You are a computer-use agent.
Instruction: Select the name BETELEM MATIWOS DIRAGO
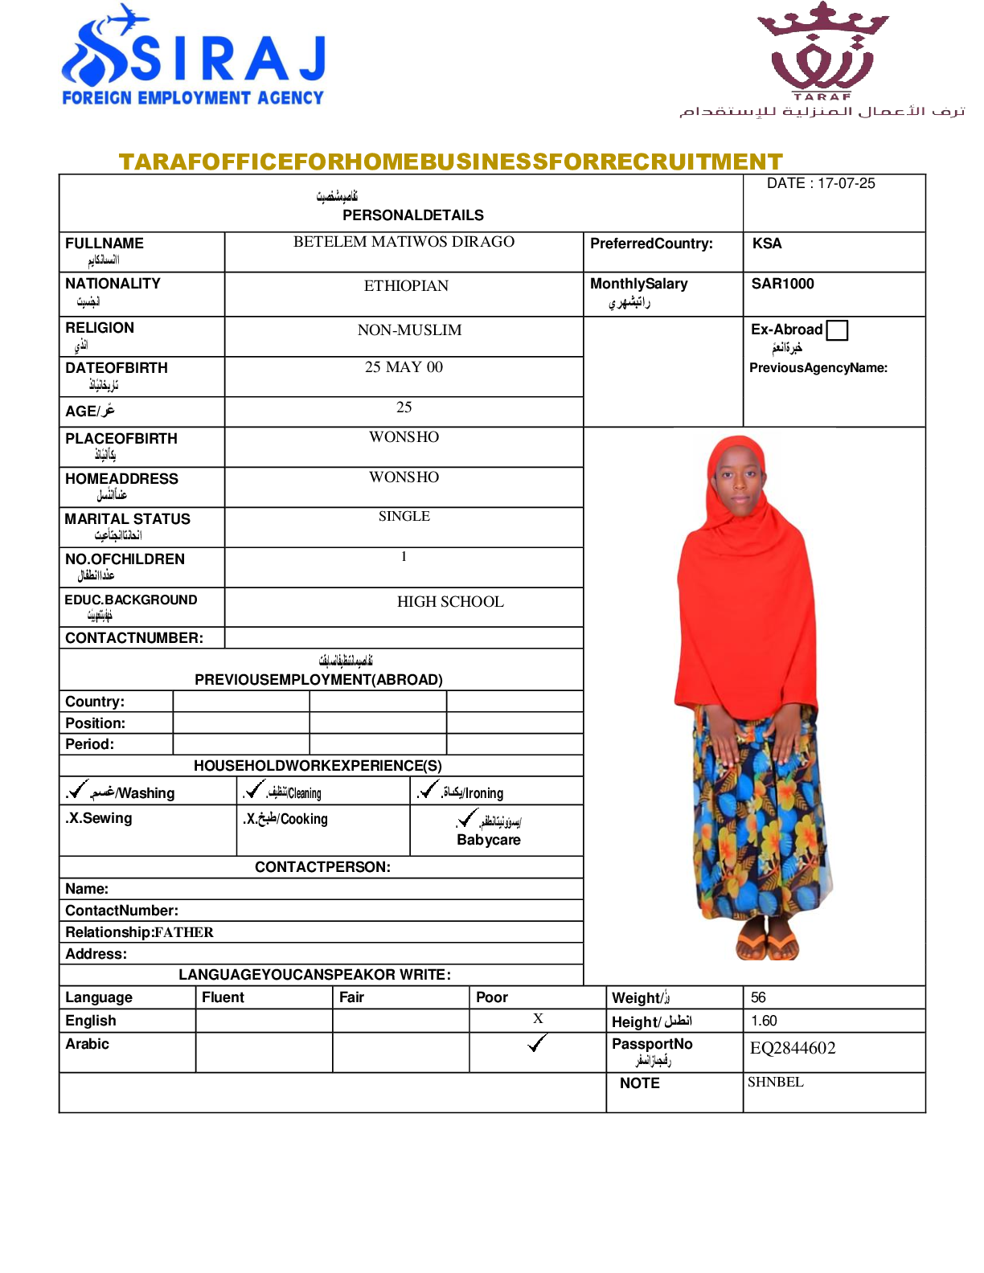point(404,242)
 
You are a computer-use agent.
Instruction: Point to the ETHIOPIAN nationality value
point(406,286)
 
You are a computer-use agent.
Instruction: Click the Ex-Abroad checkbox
point(837,330)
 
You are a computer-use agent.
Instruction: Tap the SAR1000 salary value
point(782,284)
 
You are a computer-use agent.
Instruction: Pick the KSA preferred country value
point(766,244)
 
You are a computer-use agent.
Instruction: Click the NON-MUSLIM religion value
point(409,330)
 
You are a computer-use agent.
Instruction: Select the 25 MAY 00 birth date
point(404,367)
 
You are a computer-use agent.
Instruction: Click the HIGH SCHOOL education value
point(450,602)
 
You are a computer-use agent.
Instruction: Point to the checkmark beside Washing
point(77,789)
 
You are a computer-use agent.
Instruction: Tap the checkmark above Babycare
point(466,818)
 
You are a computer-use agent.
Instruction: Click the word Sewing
point(107,818)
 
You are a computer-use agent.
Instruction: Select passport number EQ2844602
point(793,1048)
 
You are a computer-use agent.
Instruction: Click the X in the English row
point(538,1018)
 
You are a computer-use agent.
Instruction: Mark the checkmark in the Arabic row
point(537,1043)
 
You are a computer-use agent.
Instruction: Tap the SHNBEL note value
point(775,1082)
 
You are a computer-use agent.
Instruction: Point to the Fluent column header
point(223,997)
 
